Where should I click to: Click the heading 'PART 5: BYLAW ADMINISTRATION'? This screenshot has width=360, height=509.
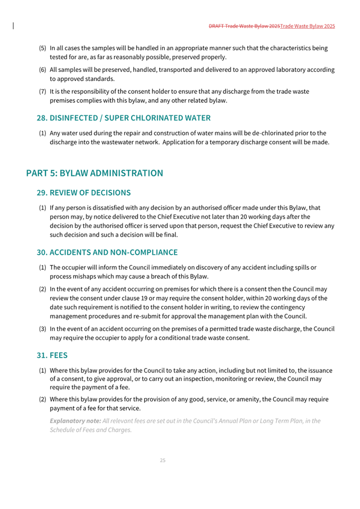pos(94,173)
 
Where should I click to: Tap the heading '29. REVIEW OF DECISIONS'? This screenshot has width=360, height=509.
pos(84,192)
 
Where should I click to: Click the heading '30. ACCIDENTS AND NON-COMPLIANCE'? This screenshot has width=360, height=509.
pos(107,252)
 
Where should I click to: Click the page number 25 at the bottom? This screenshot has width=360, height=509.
pos(163,460)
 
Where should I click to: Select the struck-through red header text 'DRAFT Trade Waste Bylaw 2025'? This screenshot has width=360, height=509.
pos(244,26)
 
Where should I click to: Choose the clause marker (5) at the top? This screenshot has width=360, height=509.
pos(42,48)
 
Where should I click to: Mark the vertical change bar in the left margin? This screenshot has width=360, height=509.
pos(13,25)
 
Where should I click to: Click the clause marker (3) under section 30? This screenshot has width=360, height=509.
pos(42,329)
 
